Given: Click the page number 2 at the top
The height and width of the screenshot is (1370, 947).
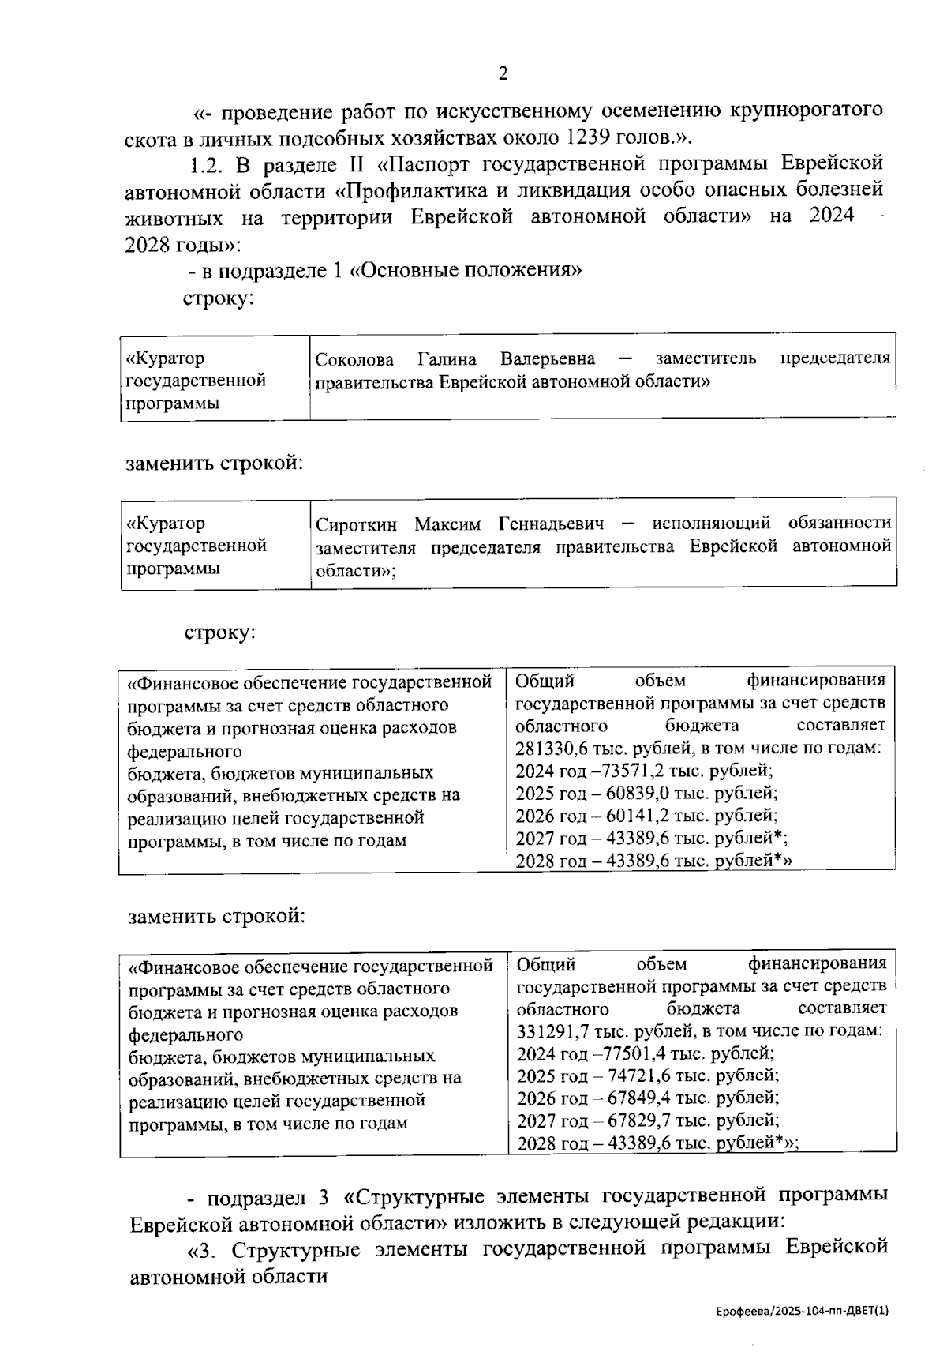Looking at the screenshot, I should tap(503, 74).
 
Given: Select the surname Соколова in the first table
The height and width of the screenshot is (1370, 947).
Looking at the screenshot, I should tap(354, 360).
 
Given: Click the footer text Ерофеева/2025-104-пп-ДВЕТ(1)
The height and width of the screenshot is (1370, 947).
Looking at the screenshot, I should tap(803, 1312).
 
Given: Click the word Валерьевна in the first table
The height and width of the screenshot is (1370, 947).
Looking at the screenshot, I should tap(548, 360).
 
